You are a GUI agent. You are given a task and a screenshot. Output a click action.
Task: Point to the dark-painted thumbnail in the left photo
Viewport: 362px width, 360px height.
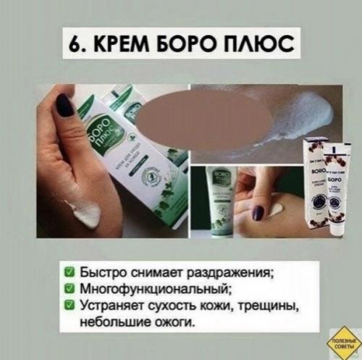click(x=66, y=106)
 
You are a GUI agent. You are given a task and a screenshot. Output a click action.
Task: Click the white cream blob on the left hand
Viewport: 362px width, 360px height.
click(x=83, y=212)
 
